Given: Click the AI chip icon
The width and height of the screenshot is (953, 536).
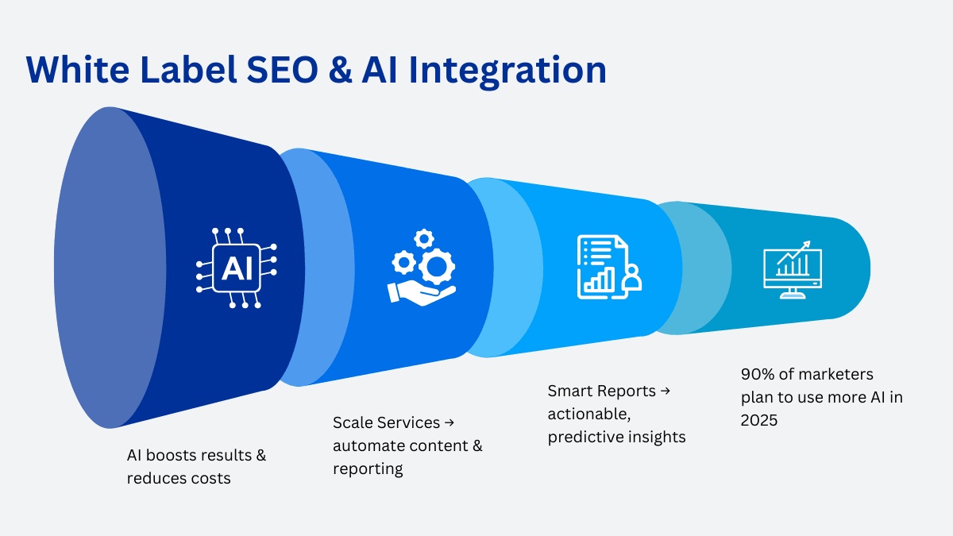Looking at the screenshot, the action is tap(237, 268).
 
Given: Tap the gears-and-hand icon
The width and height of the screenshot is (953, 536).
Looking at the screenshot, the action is tap(422, 268).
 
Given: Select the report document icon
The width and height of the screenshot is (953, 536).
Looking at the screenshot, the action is tap(609, 267).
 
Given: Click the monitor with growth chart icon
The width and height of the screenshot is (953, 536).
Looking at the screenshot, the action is tap(793, 270).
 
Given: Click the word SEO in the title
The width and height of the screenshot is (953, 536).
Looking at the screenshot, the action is tap(282, 69).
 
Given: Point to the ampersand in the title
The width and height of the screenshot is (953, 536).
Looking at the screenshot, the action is tap(341, 69).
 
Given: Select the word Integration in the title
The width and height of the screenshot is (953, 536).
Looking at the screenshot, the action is tap(507, 71).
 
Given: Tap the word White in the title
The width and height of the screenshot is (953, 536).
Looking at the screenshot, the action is tap(78, 69).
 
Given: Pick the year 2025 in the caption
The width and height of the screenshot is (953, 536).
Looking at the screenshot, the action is tap(759, 420).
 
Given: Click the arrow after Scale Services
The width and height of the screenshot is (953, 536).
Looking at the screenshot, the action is tap(449, 422).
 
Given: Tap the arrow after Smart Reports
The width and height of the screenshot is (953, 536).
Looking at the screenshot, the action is tap(665, 391).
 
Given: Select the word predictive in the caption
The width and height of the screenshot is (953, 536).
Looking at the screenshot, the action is tap(585, 438).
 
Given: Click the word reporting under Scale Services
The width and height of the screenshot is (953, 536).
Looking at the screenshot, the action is tap(368, 469).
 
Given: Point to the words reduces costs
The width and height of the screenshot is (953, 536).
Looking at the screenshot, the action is tap(179, 478).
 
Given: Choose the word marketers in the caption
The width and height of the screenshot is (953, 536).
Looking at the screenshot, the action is tap(835, 374).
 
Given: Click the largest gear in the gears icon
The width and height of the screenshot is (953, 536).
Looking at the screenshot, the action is tap(437, 267).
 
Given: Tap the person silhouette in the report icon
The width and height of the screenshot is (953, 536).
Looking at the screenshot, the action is tap(632, 277).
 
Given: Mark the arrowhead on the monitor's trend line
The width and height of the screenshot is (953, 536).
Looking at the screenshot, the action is tap(806, 245).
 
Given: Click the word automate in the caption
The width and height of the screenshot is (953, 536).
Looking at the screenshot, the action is tap(364, 445).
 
